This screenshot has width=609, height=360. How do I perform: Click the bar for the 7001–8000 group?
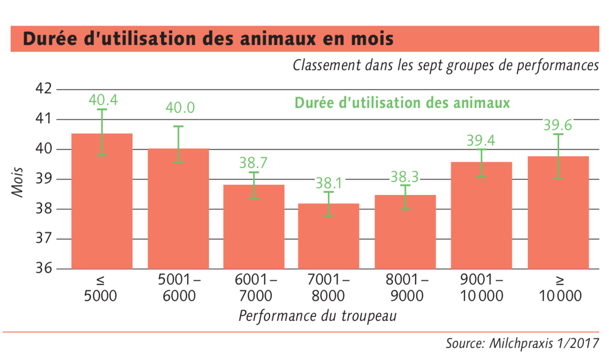[x=328, y=236]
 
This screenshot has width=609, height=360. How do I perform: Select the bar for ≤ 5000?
[x=102, y=202]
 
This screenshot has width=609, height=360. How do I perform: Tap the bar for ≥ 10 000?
[x=558, y=213]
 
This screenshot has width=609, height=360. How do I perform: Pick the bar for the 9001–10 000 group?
[x=482, y=215]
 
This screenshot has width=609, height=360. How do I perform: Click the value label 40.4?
[x=104, y=100]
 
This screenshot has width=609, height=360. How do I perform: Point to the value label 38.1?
[x=329, y=183]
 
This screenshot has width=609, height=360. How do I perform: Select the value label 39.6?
[x=558, y=125]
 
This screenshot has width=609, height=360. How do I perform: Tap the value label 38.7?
[x=253, y=162]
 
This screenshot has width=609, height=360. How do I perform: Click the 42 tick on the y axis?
[x=44, y=89]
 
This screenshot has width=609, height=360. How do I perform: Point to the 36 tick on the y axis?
[x=44, y=268]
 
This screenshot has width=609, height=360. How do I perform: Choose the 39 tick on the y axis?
[x=44, y=179]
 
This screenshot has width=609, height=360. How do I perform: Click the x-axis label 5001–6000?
[x=179, y=287]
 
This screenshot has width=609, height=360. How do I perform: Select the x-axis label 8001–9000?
[x=407, y=287]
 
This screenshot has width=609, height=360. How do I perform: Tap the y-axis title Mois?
[x=17, y=182]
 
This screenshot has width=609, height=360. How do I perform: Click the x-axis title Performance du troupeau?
[x=318, y=316]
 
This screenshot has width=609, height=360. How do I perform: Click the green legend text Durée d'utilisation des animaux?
[x=402, y=103]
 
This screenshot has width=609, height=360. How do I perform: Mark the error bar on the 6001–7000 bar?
[x=254, y=185]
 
